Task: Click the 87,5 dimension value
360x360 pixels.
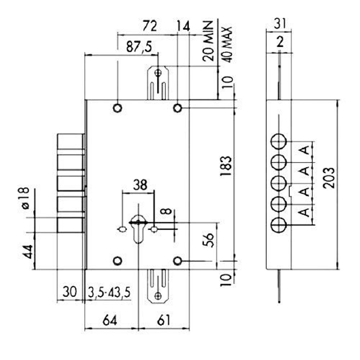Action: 139,47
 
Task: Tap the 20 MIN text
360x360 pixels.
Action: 208,41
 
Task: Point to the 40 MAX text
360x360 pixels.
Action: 227,45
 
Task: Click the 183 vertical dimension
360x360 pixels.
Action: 226,166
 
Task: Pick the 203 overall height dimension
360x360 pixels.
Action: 329,178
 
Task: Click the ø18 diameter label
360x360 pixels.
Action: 25,198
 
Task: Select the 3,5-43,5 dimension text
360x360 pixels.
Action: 109,292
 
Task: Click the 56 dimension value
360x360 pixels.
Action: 209,240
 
